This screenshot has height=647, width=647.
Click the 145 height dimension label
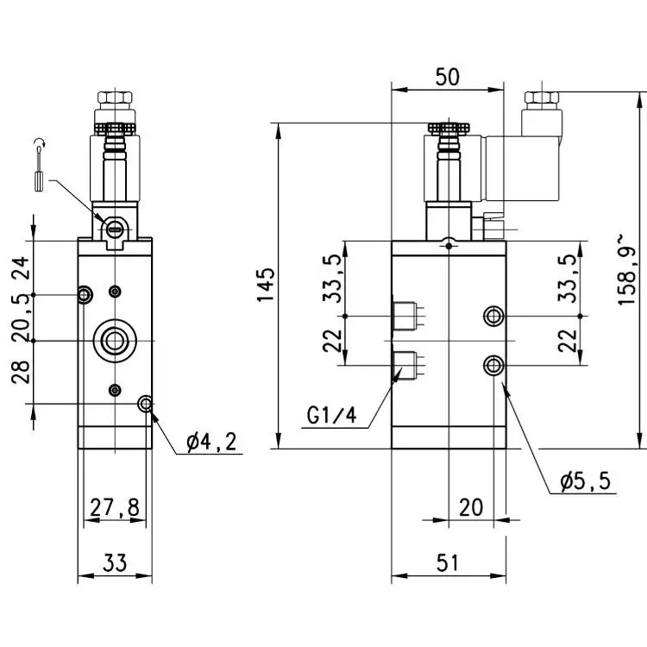(266, 285)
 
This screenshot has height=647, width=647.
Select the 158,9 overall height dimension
(627, 270)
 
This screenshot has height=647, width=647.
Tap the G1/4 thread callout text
(331, 415)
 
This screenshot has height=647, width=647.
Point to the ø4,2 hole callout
(211, 442)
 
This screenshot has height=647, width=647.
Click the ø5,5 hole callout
(585, 481)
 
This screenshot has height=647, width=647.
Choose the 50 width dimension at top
(447, 77)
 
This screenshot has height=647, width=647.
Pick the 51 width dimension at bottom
(447, 562)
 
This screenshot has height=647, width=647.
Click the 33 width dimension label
(115, 562)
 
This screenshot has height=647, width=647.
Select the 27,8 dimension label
(115, 507)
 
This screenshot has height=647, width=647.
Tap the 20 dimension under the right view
(471, 507)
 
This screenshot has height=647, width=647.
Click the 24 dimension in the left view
(21, 267)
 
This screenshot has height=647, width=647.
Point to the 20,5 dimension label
(21, 317)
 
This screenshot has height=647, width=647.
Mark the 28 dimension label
(21, 372)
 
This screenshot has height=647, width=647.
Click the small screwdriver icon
(39, 165)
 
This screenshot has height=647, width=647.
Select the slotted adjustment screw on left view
(114, 228)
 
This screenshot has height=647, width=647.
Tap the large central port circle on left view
(115, 341)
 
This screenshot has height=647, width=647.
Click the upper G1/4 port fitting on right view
(405, 316)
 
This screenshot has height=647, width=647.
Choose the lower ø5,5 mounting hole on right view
(493, 365)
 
